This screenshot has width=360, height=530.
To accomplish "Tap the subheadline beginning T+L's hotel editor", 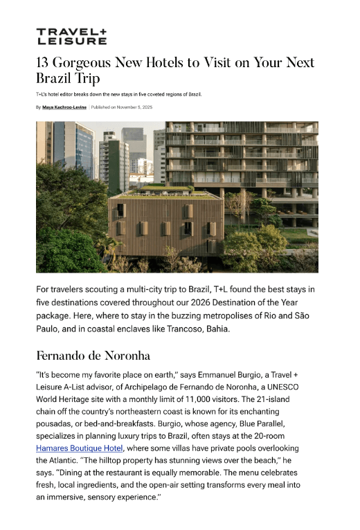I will click(x=118, y=93).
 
